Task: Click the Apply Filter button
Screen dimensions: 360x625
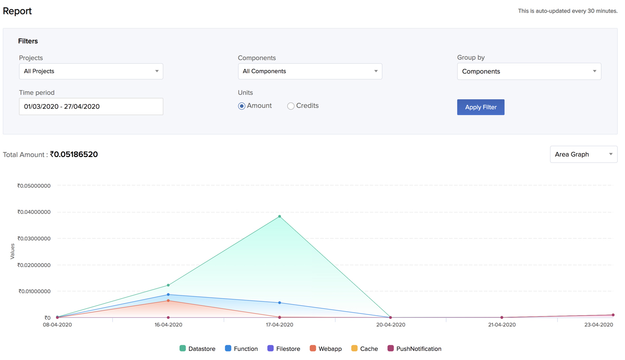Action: [480, 107]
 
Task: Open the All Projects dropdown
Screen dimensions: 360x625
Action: [91, 71]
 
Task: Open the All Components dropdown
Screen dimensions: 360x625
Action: [310, 71]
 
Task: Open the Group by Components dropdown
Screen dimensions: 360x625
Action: [528, 71]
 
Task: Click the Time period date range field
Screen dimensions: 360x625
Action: [91, 106]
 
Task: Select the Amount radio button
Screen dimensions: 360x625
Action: [242, 106]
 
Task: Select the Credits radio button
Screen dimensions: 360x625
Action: [291, 106]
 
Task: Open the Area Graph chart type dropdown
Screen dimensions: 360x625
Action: [583, 154]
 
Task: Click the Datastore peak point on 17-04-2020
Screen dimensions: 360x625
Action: [280, 217]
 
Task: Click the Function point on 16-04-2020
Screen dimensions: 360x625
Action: [168, 295]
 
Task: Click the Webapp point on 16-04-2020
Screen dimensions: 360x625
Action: [168, 301]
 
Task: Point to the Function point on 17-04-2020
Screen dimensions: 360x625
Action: [280, 303]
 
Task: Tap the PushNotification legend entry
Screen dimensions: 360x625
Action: [414, 349]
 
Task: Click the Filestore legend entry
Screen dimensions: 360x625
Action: [284, 349]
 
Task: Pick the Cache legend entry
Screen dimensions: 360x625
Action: [364, 349]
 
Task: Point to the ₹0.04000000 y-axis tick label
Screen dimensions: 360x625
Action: [34, 212]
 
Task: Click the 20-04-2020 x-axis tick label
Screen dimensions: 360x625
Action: [391, 325]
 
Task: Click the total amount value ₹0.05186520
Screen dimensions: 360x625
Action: [74, 154]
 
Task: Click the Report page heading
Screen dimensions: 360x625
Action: [17, 11]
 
